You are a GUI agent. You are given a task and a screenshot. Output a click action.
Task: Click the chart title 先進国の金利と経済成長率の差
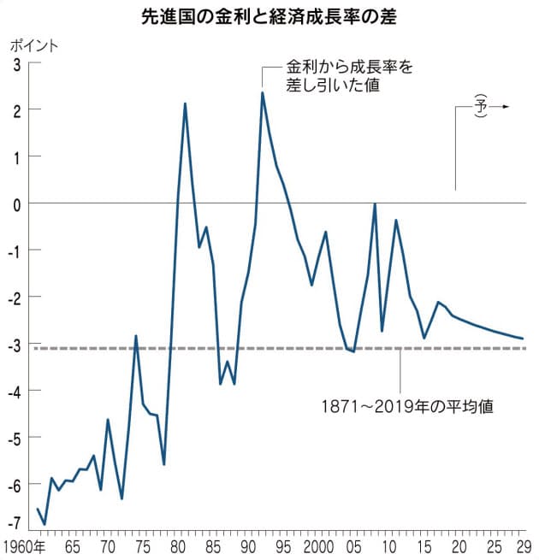pos(269,17)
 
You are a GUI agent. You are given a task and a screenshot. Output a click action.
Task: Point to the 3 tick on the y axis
pos(16,62)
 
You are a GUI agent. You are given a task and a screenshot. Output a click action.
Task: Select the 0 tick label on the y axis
pos(16,203)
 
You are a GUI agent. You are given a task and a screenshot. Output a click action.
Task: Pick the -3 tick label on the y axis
pos(14,344)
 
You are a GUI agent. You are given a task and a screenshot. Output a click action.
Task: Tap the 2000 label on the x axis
pos(317,545)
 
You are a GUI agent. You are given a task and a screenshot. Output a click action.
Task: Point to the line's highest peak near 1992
pos(262,92)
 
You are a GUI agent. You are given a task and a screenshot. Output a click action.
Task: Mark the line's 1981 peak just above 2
pos(185,103)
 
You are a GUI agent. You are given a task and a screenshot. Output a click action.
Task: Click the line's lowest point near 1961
pos(44,524)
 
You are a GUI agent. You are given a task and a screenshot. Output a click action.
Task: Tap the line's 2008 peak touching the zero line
pos(375,203)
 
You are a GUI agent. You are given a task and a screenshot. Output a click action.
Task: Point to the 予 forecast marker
pos(482,107)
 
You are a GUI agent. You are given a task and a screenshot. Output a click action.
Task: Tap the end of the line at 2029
pos(522,339)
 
